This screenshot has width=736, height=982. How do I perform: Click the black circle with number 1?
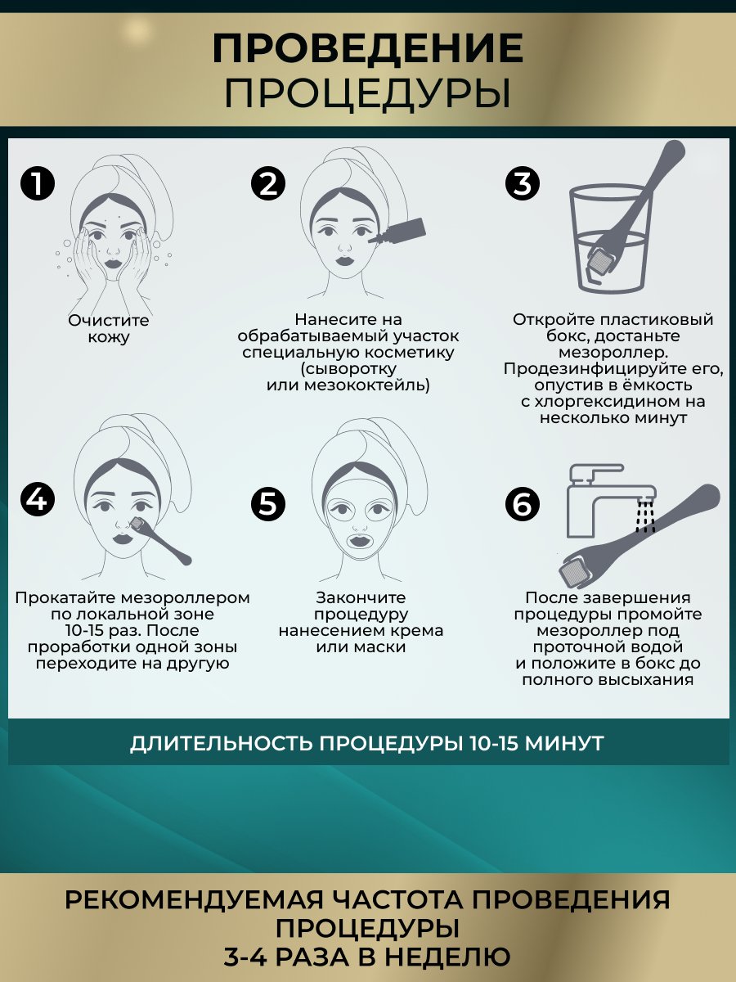[x=38, y=184]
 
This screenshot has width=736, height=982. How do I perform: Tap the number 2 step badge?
[x=268, y=184]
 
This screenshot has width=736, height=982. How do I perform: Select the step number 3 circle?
[x=523, y=184]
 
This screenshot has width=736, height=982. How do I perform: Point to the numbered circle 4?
[x=38, y=499]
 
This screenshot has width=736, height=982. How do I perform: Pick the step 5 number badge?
[x=268, y=504]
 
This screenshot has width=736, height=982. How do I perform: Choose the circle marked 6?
[x=523, y=504]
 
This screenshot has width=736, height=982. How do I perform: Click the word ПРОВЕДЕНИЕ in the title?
[x=368, y=48]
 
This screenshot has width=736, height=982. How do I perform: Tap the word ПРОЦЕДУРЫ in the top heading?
[x=367, y=94]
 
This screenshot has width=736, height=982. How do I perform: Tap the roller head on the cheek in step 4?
[x=137, y=524]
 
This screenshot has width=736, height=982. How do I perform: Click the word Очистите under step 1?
[x=109, y=320]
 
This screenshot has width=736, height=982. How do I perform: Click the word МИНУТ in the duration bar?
[x=564, y=743]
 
